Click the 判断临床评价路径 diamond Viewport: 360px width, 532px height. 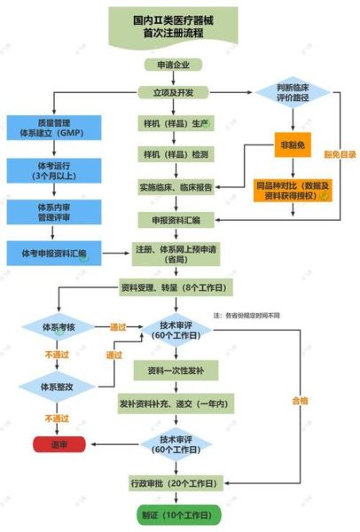click(293, 92)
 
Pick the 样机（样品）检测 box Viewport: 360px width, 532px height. click(175, 155)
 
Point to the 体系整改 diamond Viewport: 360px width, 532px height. click(55, 387)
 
